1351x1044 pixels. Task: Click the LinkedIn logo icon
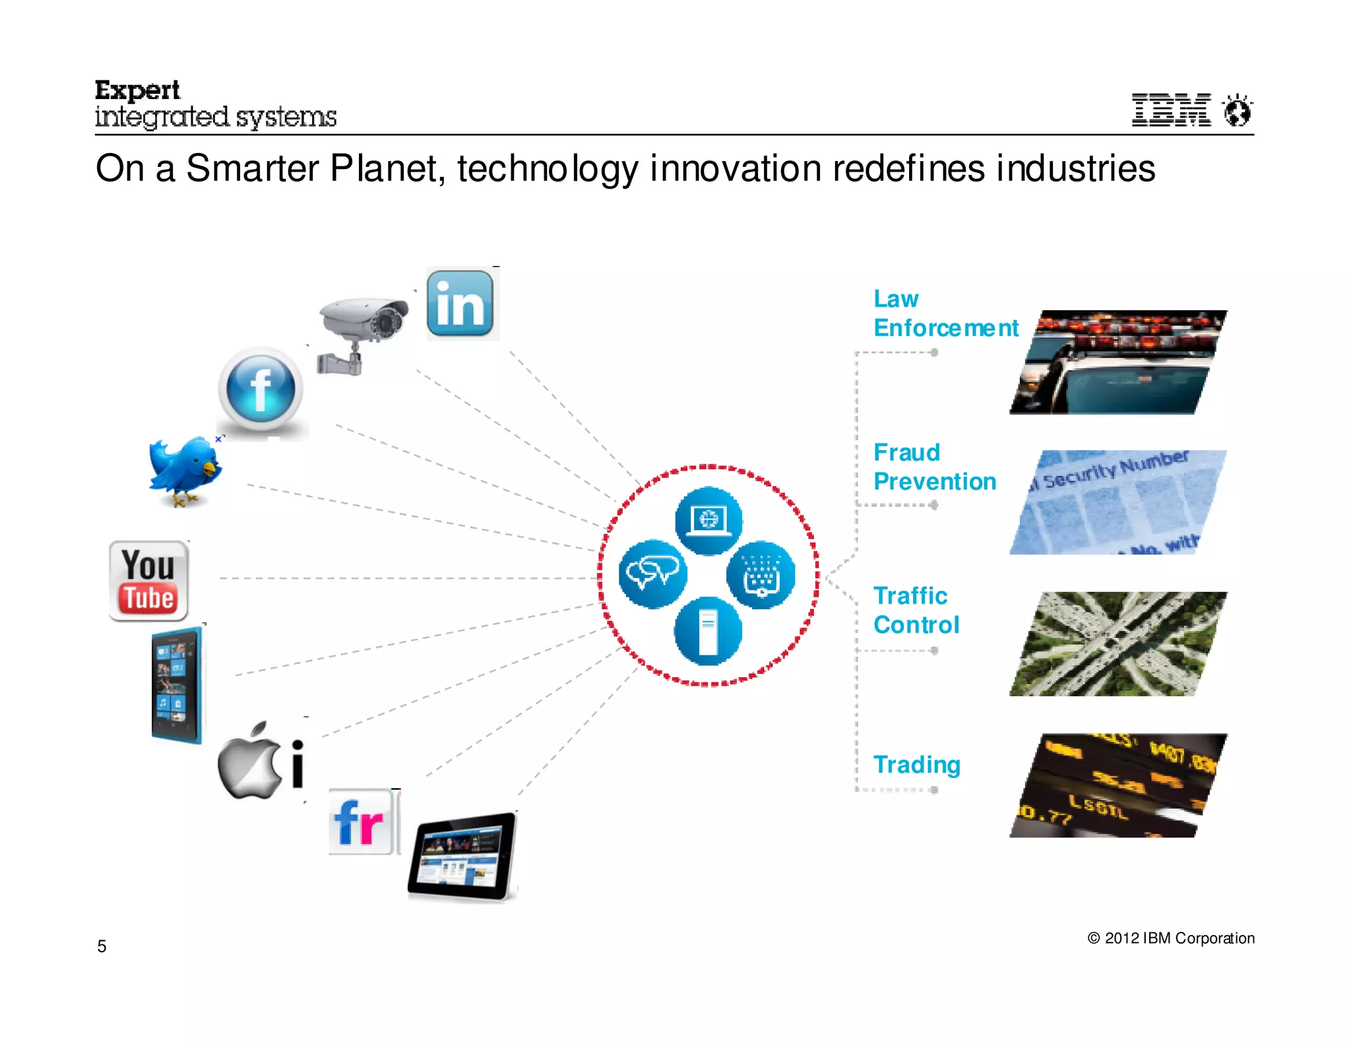(x=460, y=304)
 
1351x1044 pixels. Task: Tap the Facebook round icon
(x=261, y=389)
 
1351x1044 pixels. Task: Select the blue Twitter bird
(x=185, y=470)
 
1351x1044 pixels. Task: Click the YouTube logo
(x=149, y=581)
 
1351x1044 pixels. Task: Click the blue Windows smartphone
(x=176, y=685)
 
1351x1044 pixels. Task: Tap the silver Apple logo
(x=249, y=762)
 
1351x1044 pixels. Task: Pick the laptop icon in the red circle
(x=708, y=520)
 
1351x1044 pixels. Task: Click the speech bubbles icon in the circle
(x=653, y=574)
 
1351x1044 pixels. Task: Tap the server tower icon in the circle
(x=708, y=631)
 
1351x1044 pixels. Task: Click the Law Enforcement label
(x=945, y=313)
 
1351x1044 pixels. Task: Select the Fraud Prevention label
(x=934, y=467)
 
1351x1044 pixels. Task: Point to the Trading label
(x=916, y=764)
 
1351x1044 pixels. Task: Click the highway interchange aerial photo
(x=1118, y=644)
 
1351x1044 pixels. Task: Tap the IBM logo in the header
(x=1171, y=110)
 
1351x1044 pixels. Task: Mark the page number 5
(x=102, y=946)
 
